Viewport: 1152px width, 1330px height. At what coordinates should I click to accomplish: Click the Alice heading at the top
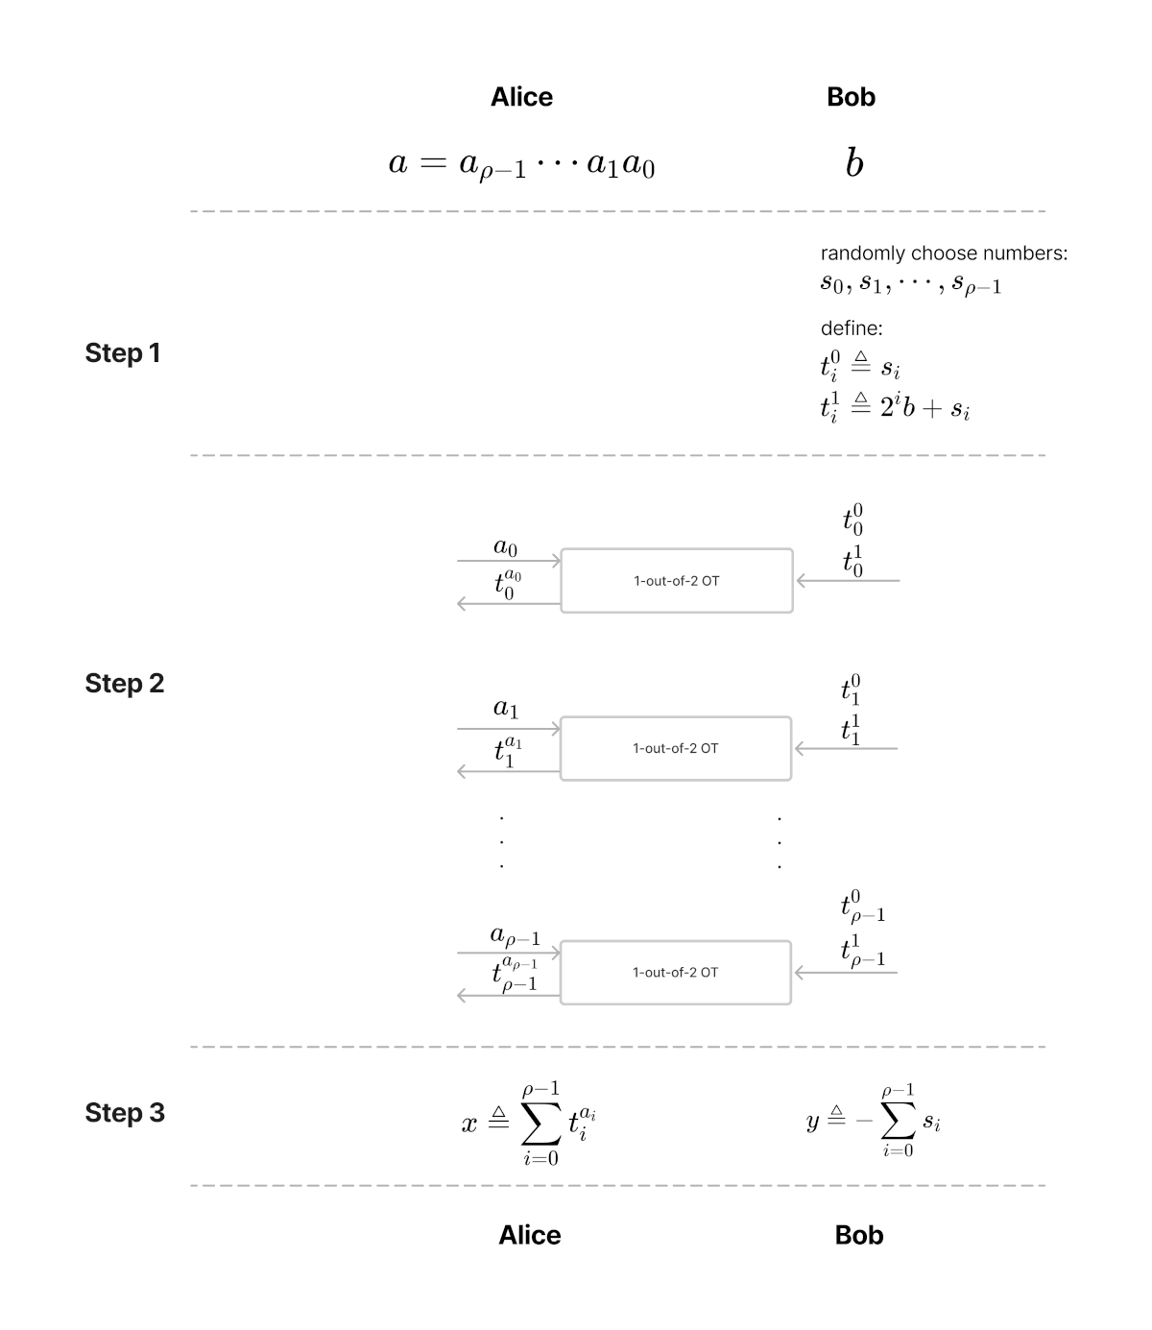(521, 97)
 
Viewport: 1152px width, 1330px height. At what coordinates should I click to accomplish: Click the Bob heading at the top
(851, 97)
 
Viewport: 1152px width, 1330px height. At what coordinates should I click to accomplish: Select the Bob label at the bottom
(858, 1235)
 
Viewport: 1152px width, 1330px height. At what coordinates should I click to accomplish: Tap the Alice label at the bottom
(529, 1235)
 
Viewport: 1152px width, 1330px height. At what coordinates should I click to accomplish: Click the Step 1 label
(122, 353)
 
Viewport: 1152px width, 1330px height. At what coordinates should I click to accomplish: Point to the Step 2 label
(124, 684)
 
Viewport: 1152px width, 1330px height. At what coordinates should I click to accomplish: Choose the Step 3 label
(124, 1113)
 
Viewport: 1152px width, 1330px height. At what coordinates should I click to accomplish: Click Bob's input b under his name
(853, 164)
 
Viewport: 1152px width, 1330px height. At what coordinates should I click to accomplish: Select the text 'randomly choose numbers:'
(944, 254)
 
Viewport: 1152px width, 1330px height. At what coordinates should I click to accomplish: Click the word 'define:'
(851, 328)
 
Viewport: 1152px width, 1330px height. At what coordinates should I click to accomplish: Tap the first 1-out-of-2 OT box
(677, 580)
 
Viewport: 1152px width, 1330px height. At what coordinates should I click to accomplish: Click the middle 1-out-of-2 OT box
(676, 748)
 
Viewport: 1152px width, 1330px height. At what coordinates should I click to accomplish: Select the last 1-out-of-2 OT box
(676, 972)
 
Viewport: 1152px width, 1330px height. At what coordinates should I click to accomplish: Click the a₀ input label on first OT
(506, 547)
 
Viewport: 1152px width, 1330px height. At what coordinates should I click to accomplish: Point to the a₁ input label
(506, 709)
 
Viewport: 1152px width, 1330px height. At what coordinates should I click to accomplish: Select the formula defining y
(873, 1121)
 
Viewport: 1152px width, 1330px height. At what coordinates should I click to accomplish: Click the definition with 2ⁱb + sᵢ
(895, 408)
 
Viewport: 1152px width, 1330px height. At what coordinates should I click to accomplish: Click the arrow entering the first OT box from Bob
(848, 581)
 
